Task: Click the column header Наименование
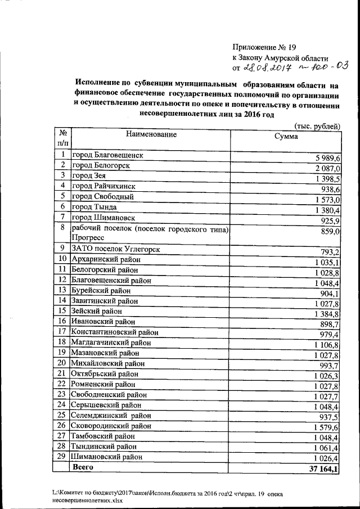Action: pos(151,134)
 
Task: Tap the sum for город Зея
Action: pos(326,179)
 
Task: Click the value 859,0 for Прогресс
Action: pos(329,231)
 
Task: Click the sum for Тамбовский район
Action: pos(326,439)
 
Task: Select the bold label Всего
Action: pos(82,467)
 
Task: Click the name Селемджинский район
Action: pos(111,415)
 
